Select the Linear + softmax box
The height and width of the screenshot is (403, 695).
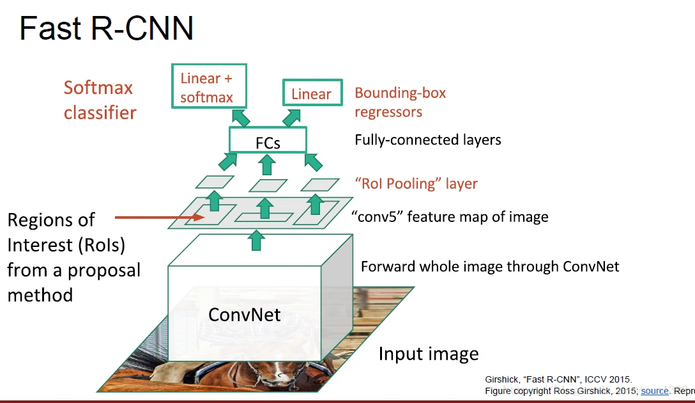pyautogui.click(x=209, y=87)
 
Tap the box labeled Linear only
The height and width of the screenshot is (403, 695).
pyautogui.click(x=311, y=94)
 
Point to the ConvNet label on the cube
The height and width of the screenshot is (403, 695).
pyautogui.click(x=244, y=314)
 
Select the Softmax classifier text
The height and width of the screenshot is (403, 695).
pyautogui.click(x=100, y=100)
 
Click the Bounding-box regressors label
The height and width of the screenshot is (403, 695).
pyautogui.click(x=400, y=102)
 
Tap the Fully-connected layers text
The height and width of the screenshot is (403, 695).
pyautogui.click(x=427, y=139)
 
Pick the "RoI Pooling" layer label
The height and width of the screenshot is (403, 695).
pyautogui.click(x=416, y=184)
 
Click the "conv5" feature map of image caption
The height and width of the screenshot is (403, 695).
pyautogui.click(x=450, y=217)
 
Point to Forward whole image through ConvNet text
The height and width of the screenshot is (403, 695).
pyautogui.click(x=490, y=266)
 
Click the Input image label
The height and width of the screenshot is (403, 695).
pyautogui.click(x=428, y=354)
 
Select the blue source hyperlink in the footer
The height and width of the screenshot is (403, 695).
pyautogui.click(x=655, y=391)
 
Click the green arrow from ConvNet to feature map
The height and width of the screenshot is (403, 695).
pyautogui.click(x=257, y=241)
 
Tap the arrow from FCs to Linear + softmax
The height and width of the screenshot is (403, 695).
pyautogui.click(x=241, y=118)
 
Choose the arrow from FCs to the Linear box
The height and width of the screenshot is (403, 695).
pyautogui.click(x=292, y=116)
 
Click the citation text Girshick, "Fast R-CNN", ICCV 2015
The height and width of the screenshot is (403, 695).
pyautogui.click(x=558, y=379)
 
